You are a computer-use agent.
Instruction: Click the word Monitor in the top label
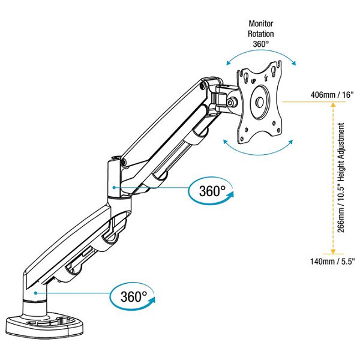point(261,23)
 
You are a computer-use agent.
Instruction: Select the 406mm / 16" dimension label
point(330,95)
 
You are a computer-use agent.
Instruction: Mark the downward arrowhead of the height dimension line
point(329,251)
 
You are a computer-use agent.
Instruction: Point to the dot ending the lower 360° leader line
point(37,292)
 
